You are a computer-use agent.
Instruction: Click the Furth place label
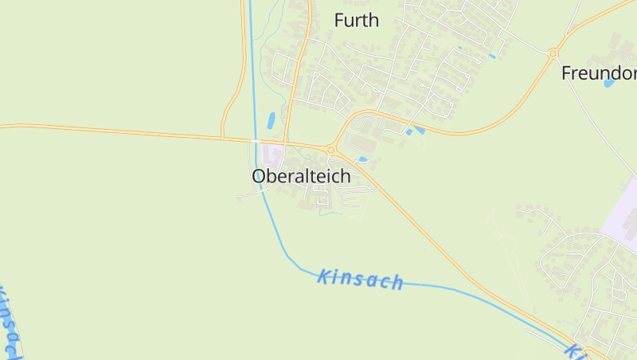pyautogui.click(x=356, y=21)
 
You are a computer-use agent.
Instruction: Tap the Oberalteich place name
pyautogui.click(x=301, y=177)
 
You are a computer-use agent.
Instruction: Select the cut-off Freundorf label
pyautogui.click(x=599, y=73)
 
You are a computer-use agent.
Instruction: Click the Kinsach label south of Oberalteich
pyautogui.click(x=360, y=279)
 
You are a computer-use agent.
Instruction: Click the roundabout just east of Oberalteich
pyautogui.click(x=330, y=150)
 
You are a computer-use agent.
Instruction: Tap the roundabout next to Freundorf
pyautogui.click(x=553, y=53)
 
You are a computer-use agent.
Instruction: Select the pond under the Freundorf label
pyautogui.click(x=609, y=83)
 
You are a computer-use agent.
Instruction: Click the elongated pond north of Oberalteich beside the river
pyautogui.click(x=272, y=121)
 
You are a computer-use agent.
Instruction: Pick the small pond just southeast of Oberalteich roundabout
pyautogui.click(x=363, y=159)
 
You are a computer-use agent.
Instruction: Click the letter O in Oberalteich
pyautogui.click(x=260, y=177)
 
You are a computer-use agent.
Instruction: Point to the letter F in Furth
pyautogui.click(x=339, y=21)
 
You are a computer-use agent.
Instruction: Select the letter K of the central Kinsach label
pyautogui.click(x=323, y=276)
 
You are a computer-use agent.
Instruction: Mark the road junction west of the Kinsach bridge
pyautogui.click(x=223, y=138)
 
